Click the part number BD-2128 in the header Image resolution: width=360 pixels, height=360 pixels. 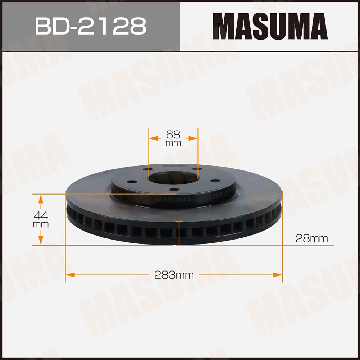pos(91,26)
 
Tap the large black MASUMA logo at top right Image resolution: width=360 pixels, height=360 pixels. pos(270,26)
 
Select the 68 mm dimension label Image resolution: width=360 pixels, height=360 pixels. pos(173,138)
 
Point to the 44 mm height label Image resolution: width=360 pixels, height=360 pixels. pos(41,219)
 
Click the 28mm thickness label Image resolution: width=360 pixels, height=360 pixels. pos(311,238)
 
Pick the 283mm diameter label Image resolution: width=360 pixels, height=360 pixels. pos(174,275)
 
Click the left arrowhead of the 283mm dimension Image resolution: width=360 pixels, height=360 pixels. pos(70,275)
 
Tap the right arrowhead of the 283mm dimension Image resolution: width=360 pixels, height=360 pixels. pos(277,275)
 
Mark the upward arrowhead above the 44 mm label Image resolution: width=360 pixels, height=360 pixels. pos(41,199)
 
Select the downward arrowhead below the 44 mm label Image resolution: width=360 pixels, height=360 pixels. pos(41,241)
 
